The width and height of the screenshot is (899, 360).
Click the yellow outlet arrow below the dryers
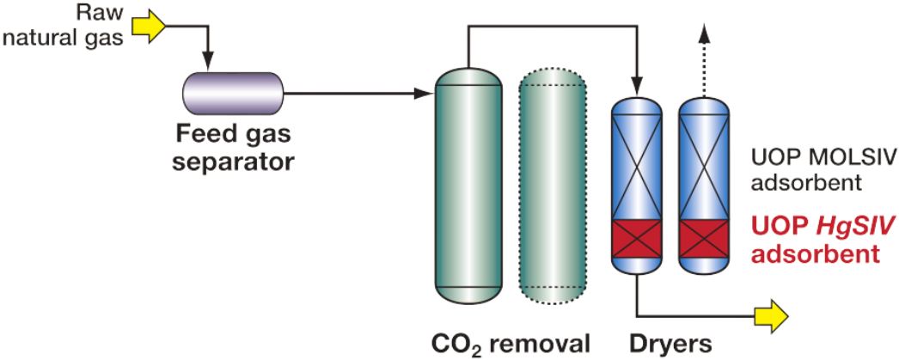point(774,315)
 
